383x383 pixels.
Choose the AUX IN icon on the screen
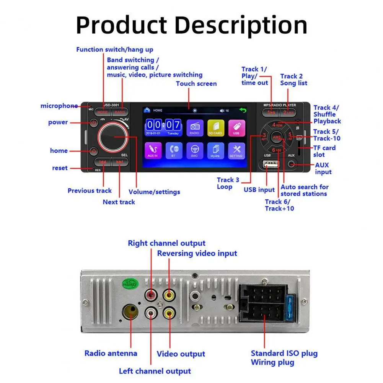[x=153, y=150]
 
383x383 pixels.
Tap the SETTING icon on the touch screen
[x=236, y=150]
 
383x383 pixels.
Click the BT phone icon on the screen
[x=174, y=150]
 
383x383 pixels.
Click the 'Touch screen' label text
[x=196, y=84]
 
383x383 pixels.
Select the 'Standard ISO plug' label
[x=284, y=353]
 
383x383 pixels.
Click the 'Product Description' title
[x=191, y=25]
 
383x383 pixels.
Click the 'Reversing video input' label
[x=197, y=253]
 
